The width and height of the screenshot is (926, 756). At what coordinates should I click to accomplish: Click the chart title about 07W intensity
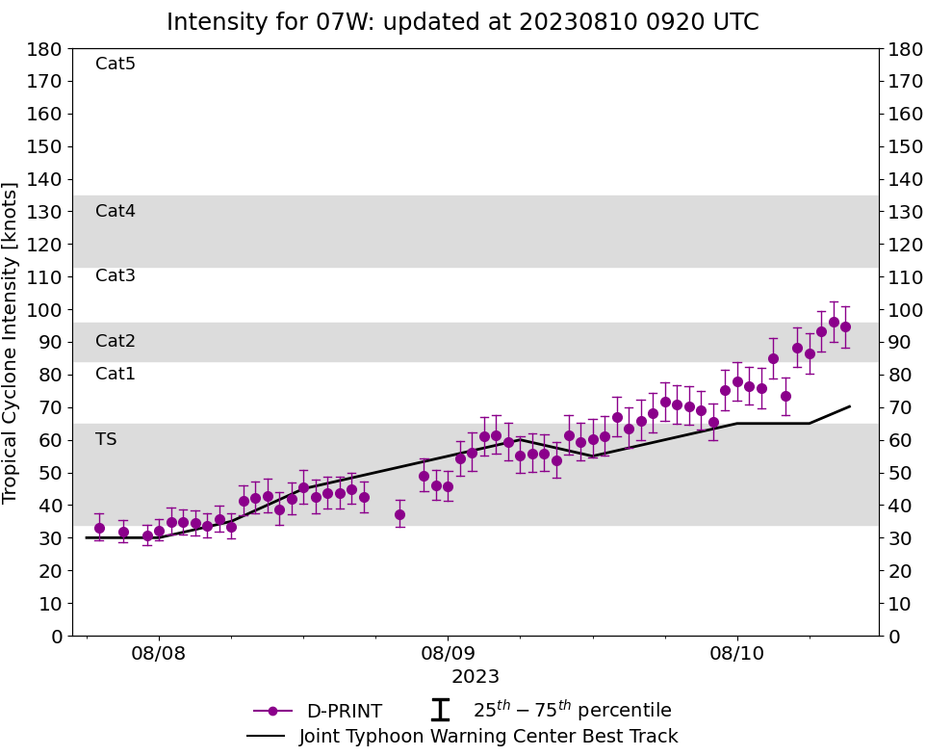point(462,22)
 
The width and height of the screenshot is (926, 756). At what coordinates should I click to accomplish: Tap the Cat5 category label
point(116,65)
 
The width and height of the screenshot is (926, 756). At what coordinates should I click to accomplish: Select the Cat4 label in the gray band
point(116,212)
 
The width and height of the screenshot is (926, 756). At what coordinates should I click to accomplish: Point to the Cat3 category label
point(116,276)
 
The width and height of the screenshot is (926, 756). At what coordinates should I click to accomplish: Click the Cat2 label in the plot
point(116,342)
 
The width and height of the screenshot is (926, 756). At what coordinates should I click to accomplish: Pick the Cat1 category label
point(116,375)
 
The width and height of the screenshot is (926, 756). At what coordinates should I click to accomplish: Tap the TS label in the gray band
point(106,440)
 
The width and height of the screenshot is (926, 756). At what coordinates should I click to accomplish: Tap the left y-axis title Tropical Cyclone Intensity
point(12,342)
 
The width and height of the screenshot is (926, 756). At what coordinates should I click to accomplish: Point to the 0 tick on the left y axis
point(56,637)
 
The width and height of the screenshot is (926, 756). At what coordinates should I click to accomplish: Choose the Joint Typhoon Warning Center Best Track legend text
point(488,737)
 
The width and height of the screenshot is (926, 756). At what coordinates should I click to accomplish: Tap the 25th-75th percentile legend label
point(572,711)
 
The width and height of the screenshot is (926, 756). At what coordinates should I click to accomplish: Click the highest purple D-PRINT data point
point(834,323)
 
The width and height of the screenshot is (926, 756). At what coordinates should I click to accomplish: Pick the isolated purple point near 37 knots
point(399,514)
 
